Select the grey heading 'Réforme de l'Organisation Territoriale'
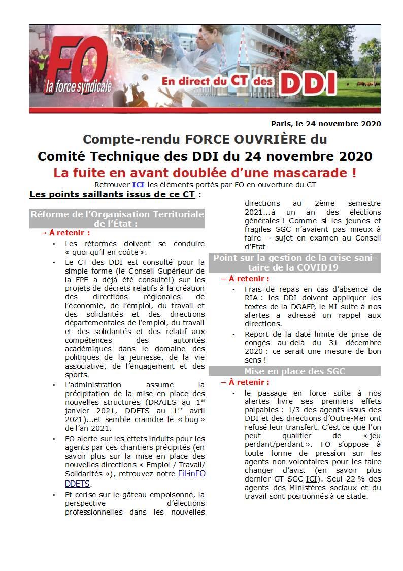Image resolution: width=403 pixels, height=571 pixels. [x=117, y=214]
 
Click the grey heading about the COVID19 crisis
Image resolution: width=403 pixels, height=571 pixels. [x=294, y=262]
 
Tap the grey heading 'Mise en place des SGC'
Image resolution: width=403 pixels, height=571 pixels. [x=294, y=371]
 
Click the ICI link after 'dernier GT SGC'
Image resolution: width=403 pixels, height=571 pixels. [x=312, y=479]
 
